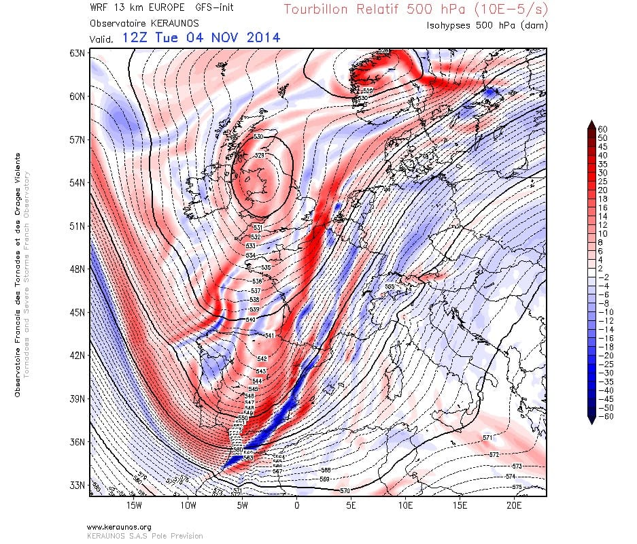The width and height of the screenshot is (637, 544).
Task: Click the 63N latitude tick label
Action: point(76,53)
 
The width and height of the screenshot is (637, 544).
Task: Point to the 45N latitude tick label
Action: point(76,312)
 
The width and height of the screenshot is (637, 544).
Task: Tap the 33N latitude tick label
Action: point(76,486)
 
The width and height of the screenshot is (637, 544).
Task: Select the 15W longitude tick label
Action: point(134,506)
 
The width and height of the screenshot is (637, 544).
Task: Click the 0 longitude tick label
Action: point(297,506)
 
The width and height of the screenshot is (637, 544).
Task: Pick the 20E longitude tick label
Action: point(514,506)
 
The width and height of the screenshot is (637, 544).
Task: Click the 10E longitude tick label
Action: point(406,506)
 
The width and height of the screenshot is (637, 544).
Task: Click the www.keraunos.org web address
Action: point(119,527)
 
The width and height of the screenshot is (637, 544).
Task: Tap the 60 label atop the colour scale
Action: point(602,129)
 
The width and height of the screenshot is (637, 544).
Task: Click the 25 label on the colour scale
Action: point(602,181)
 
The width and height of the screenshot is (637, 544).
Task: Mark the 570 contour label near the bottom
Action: point(345,490)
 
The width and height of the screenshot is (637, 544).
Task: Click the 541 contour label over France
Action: point(269,336)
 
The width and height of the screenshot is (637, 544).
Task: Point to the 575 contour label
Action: point(516,487)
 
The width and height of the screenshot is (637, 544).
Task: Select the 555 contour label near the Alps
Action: point(390,287)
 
